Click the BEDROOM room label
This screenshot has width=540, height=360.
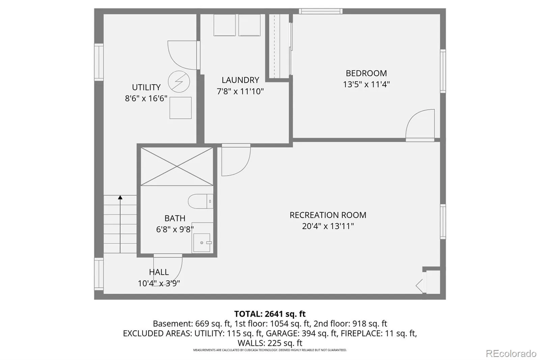coord(366,73)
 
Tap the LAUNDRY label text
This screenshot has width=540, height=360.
coord(240,80)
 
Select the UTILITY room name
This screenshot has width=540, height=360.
coord(146,87)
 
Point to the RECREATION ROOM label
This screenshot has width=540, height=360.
coord(328,215)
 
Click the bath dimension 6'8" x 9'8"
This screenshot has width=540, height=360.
coord(175,229)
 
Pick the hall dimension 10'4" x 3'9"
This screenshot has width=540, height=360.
coord(159,283)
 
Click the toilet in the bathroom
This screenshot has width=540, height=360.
coord(200,201)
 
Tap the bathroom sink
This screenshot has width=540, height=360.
coord(202,243)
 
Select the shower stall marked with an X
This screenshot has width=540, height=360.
coord(177,166)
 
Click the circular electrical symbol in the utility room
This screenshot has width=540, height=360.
coord(179,81)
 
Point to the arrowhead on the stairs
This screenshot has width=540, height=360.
coord(120,197)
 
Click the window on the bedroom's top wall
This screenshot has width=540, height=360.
coord(321,11)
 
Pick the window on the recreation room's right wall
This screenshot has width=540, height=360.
coord(443,222)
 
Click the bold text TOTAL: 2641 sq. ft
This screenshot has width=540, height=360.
coord(270,314)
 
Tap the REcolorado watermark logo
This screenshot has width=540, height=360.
coord(511,354)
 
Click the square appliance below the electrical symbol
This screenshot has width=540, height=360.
coord(181,108)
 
